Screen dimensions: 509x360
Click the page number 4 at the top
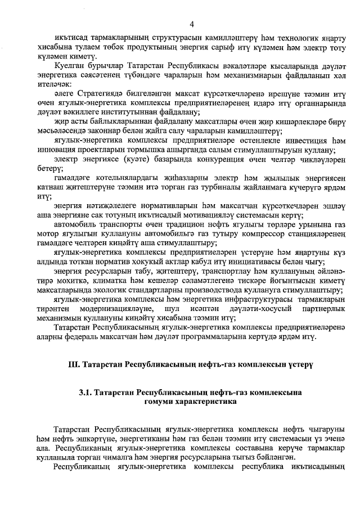pyautogui.click(x=192, y=24)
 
